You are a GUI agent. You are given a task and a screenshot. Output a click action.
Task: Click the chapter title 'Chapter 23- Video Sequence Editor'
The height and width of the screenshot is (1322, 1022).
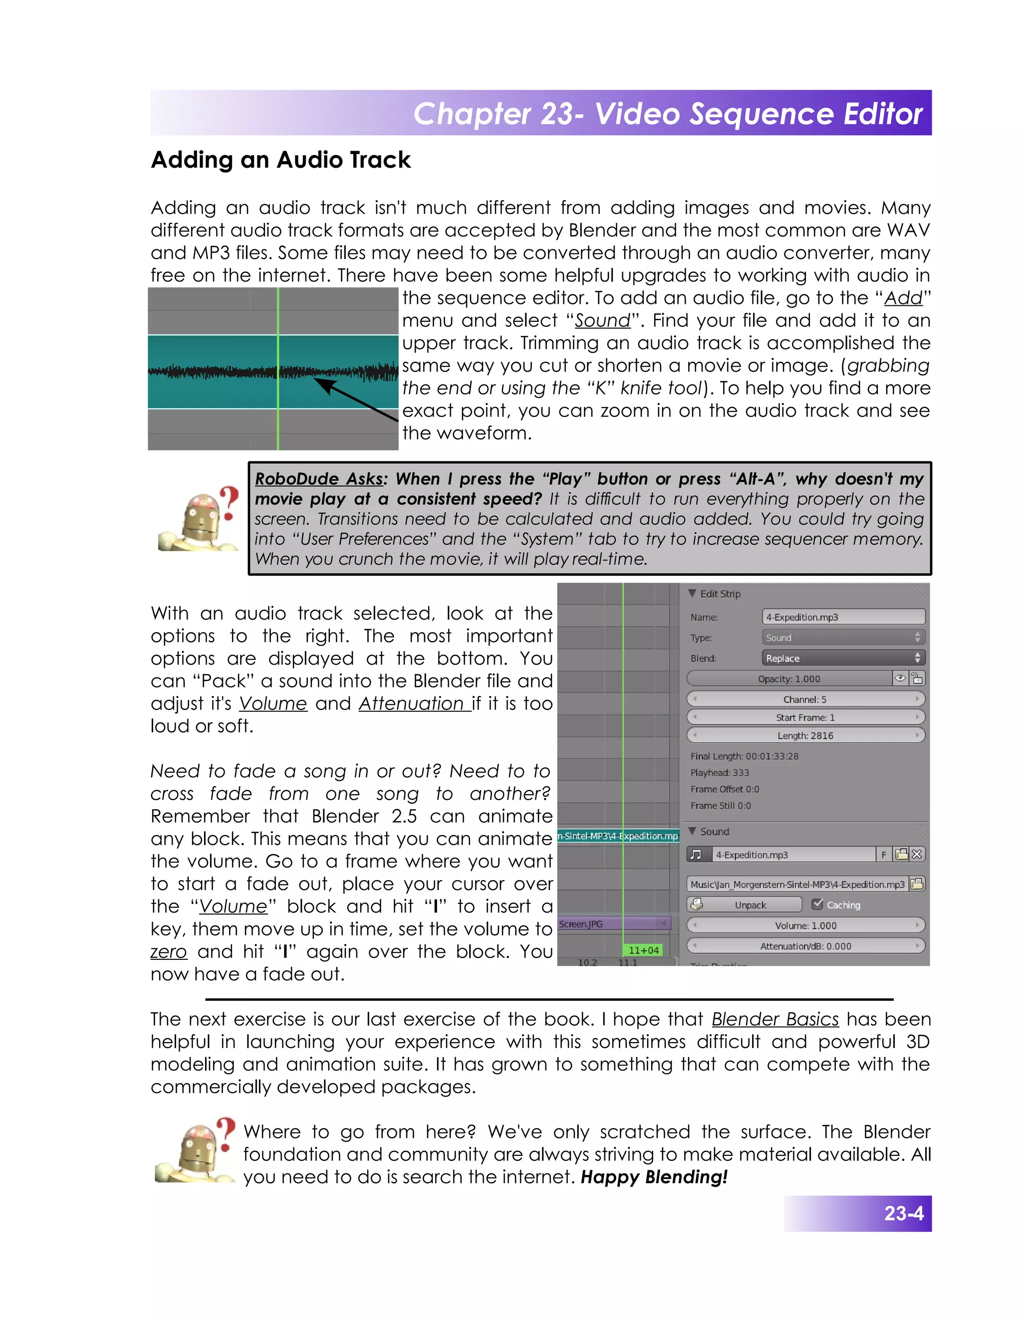tap(667, 114)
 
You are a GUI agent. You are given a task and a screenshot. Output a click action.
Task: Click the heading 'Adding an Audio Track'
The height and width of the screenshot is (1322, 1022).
tap(280, 160)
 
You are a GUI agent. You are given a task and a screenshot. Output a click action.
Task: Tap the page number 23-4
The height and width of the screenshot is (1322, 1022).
tap(903, 1213)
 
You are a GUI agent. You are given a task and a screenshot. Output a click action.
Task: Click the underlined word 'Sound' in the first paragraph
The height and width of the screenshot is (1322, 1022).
tap(602, 320)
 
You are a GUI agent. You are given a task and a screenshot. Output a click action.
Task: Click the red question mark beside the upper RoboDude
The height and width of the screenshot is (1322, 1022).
tap(229, 502)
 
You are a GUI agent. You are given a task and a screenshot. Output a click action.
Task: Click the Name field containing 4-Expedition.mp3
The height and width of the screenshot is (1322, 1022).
tap(843, 617)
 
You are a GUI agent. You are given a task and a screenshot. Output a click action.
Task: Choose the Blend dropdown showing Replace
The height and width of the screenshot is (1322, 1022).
tap(843, 658)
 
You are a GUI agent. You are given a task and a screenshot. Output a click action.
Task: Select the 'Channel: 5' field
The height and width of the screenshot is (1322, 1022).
tap(805, 699)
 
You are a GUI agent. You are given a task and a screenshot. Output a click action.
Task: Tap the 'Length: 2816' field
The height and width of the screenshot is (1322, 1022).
tap(805, 735)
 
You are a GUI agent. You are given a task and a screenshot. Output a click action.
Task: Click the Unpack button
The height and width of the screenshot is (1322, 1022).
tap(745, 905)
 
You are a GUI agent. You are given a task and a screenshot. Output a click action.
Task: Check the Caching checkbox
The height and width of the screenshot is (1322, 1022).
tap(817, 904)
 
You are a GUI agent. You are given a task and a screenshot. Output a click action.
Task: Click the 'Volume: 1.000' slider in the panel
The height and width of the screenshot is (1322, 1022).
tap(805, 925)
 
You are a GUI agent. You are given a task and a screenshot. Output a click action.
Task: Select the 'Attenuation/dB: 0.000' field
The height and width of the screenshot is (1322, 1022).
tap(805, 946)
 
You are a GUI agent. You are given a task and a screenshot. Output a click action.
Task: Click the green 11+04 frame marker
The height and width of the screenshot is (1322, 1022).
tap(643, 950)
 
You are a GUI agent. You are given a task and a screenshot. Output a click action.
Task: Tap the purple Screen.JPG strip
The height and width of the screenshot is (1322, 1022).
tap(611, 924)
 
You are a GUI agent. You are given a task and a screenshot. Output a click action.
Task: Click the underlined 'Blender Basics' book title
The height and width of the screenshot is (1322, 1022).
tap(775, 1019)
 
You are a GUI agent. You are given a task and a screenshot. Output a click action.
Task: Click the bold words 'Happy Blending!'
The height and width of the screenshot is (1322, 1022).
tap(654, 1177)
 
